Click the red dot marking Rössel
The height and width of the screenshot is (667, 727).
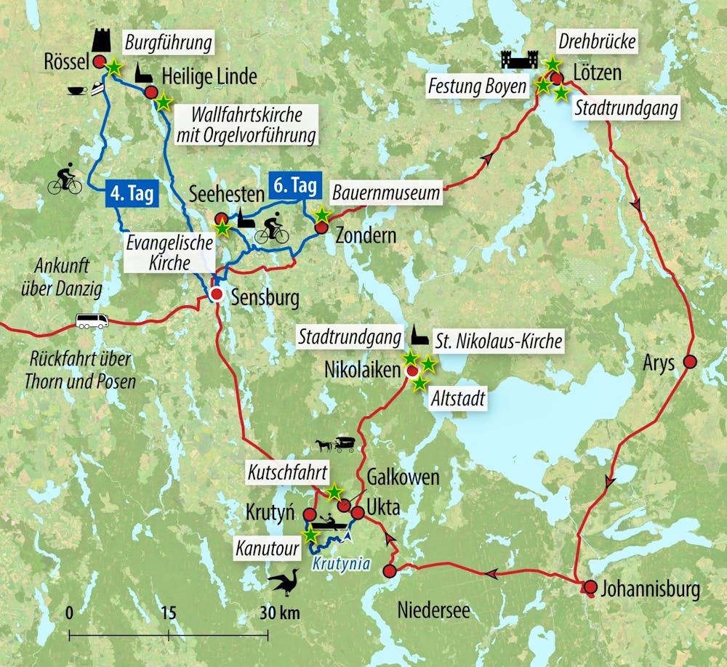[100, 62]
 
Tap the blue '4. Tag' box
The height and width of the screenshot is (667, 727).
[132, 194]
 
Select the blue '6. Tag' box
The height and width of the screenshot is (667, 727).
[294, 186]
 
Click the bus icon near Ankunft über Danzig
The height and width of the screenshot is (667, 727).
[92, 320]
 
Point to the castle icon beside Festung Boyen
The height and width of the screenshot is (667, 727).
[519, 60]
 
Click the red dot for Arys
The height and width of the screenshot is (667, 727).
[690, 361]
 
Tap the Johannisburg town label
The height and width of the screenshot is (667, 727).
[651, 589]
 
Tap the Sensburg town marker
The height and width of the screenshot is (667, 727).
[216, 294]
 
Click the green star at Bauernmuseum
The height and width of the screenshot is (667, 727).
[321, 215]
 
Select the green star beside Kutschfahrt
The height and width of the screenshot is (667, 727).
[334, 492]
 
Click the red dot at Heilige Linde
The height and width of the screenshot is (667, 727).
[151, 92]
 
